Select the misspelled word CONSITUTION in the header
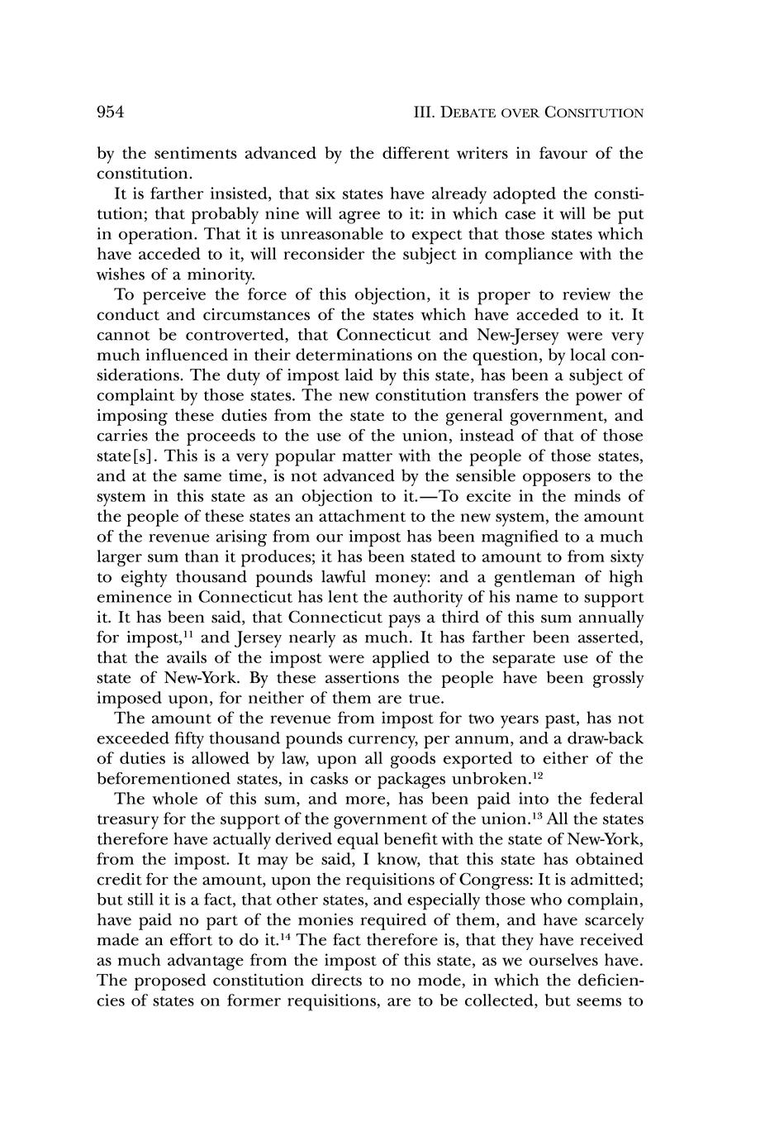tap(594, 113)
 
